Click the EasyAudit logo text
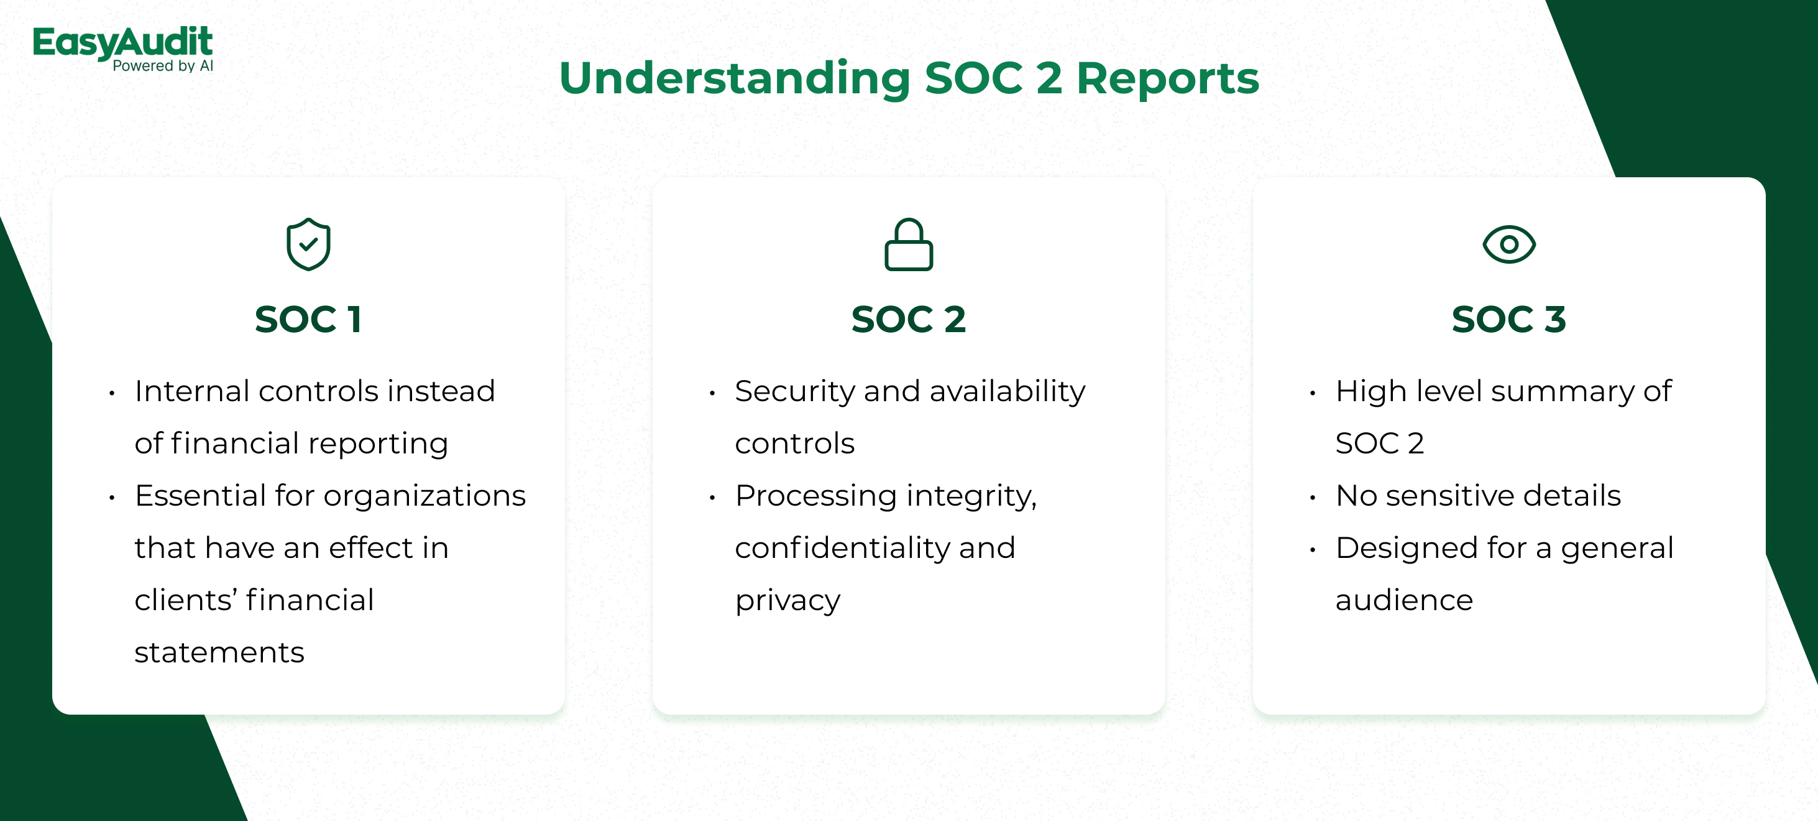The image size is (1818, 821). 123,42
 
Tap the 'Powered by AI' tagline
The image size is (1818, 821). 163,66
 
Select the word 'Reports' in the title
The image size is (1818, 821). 1167,78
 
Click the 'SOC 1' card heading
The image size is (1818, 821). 308,319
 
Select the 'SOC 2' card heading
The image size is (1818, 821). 908,319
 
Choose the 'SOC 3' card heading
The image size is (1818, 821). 1509,319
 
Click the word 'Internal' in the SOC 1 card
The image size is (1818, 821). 200,391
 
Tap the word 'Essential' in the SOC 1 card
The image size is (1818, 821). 200,496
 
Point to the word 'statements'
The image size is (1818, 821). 219,653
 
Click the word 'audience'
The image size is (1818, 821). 1405,600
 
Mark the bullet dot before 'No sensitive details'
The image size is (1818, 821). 1312,498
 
